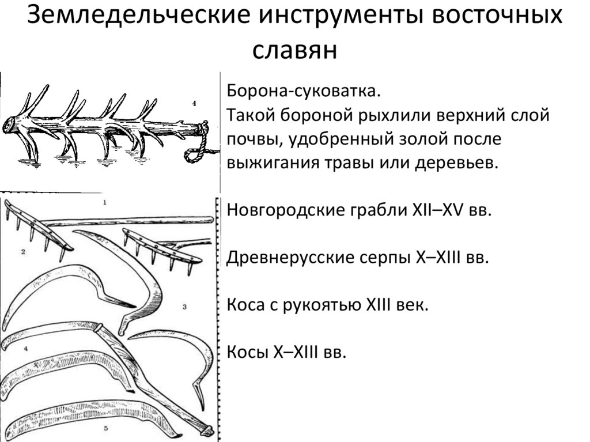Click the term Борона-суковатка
tap(304, 92)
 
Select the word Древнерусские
tap(289, 257)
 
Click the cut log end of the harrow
tap(9, 124)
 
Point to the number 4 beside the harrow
tap(194, 104)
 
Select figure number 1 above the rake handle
tap(104, 202)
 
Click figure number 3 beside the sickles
tap(184, 307)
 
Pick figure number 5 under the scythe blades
tap(106, 429)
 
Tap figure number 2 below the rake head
tap(22, 252)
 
